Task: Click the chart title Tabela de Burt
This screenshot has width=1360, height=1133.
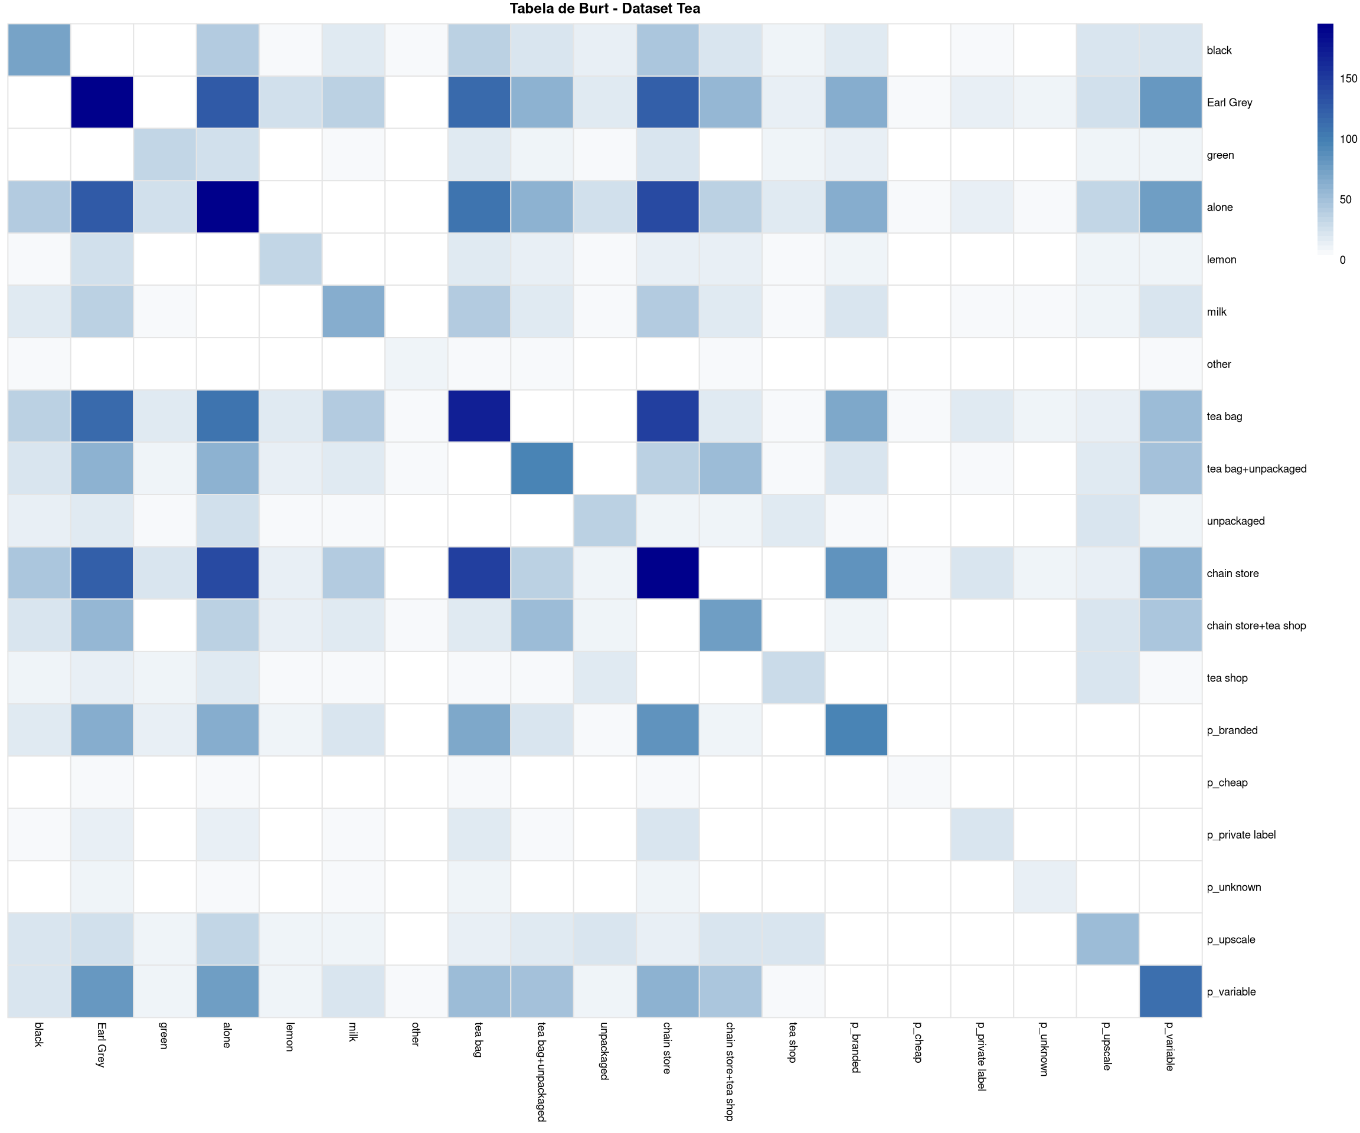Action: pos(604,8)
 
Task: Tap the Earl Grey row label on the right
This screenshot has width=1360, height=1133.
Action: pos(1229,102)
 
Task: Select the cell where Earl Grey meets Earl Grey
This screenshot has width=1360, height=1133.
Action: pos(102,102)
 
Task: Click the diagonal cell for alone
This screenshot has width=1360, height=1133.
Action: pos(227,207)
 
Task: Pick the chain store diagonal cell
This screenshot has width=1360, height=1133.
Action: pos(667,573)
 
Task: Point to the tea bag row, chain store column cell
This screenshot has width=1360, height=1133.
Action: pos(667,416)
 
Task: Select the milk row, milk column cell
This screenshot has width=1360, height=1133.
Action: pos(353,312)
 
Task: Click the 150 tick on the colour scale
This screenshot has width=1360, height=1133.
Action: pos(1348,78)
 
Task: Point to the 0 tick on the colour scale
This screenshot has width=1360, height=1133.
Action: pos(1342,260)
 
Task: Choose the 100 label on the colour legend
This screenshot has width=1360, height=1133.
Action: pos(1348,139)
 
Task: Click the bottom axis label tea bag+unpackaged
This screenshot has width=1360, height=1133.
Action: pos(541,1072)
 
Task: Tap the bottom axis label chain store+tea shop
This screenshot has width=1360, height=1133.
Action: pos(730,1072)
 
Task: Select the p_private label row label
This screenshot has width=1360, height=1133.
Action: pos(1241,834)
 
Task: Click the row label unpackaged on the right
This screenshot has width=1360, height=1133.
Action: pos(1235,520)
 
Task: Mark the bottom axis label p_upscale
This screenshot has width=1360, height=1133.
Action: pos(1107,1046)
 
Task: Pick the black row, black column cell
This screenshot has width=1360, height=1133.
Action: pos(39,50)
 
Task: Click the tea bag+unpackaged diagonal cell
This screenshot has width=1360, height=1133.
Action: pos(541,468)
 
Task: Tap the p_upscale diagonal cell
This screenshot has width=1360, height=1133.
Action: pos(1107,939)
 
